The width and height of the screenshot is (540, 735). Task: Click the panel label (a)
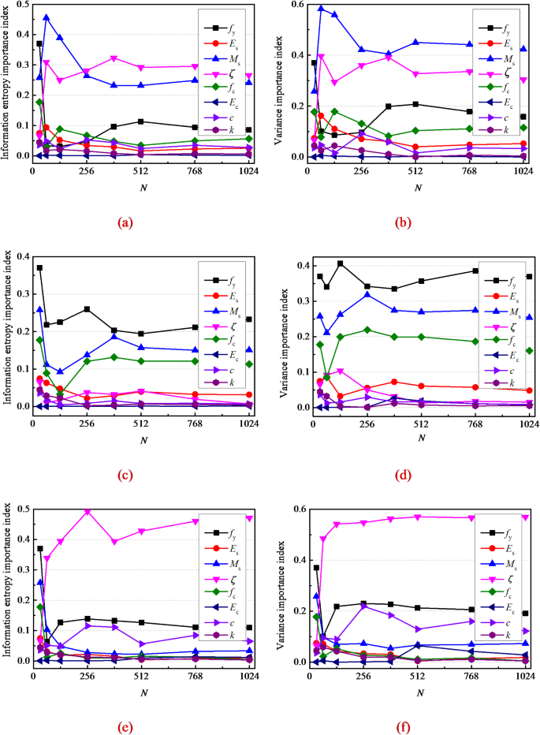coord(124,223)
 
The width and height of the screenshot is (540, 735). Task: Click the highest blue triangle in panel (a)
coord(47,17)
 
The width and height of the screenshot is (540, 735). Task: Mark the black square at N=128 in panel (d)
coord(340,263)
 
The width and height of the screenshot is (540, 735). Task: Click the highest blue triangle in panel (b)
coord(321,9)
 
